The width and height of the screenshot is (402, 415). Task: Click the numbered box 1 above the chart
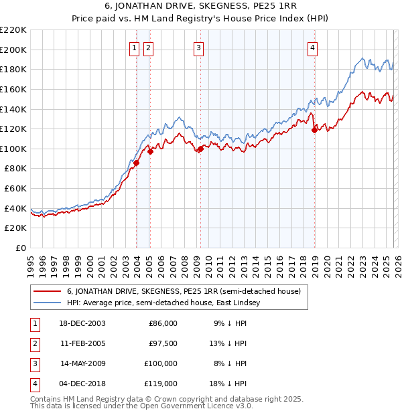coord(135,47)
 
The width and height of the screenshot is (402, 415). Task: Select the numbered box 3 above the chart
coord(199,47)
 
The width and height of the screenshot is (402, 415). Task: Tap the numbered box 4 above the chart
coord(313,47)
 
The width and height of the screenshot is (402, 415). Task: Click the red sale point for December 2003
coord(136,163)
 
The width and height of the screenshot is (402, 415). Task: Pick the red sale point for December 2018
coord(314,130)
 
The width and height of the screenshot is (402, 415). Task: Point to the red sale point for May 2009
coord(200,149)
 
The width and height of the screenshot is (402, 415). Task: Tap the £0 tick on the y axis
coord(19,248)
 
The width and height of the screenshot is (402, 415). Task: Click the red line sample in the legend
coord(48,292)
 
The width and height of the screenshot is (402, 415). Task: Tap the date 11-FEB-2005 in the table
coord(82,343)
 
